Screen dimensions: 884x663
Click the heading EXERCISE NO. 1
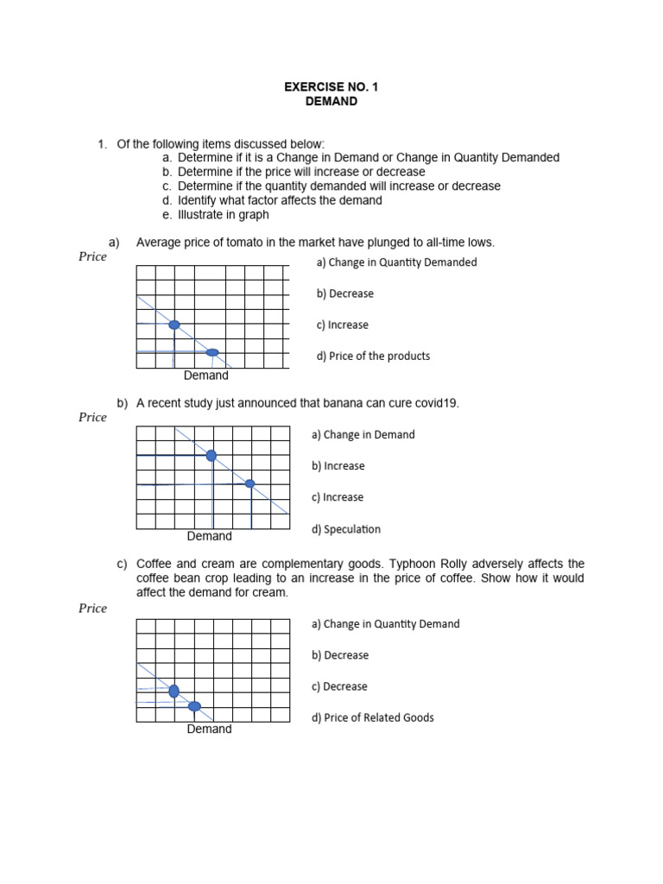[x=331, y=87]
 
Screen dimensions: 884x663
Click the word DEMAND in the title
[x=331, y=101]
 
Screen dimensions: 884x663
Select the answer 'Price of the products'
[x=373, y=356]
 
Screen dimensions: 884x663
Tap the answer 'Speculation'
[x=345, y=529]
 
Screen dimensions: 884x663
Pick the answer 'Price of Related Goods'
[x=372, y=717]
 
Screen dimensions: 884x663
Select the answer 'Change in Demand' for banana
[x=363, y=435]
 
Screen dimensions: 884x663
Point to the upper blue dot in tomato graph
[x=174, y=325]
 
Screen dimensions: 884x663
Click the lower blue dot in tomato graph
[x=212, y=352]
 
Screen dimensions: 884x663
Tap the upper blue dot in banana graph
[x=212, y=455]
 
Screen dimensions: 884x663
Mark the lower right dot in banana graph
[x=250, y=484]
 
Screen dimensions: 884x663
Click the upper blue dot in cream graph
[x=174, y=691]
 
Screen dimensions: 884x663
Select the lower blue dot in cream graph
[x=194, y=706]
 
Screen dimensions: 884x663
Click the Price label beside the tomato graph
[x=92, y=256]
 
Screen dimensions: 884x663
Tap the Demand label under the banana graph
[x=209, y=536]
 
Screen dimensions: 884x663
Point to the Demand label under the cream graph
[x=209, y=729]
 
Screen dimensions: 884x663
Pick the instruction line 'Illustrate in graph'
[x=223, y=214]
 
